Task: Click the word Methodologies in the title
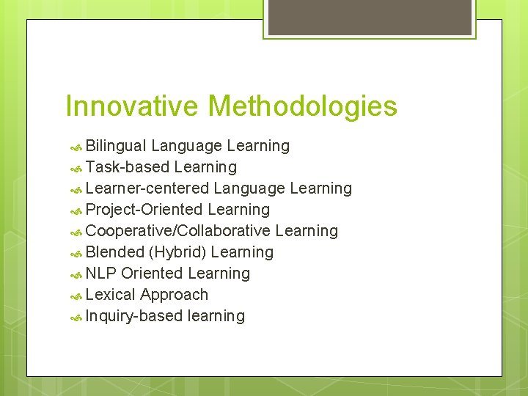pyautogui.click(x=301, y=107)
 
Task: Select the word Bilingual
pyautogui.click(x=116, y=146)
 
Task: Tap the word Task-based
pyautogui.click(x=128, y=167)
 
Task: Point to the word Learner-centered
pyautogui.click(x=147, y=188)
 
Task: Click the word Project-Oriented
pyautogui.click(x=144, y=210)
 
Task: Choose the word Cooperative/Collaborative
pyautogui.click(x=178, y=231)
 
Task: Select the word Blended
pyautogui.click(x=114, y=252)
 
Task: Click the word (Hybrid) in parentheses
pyautogui.click(x=177, y=253)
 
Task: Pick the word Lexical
pyautogui.click(x=111, y=295)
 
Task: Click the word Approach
pyautogui.click(x=175, y=296)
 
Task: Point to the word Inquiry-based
pyautogui.click(x=134, y=316)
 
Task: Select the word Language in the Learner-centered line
pyautogui.click(x=249, y=189)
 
